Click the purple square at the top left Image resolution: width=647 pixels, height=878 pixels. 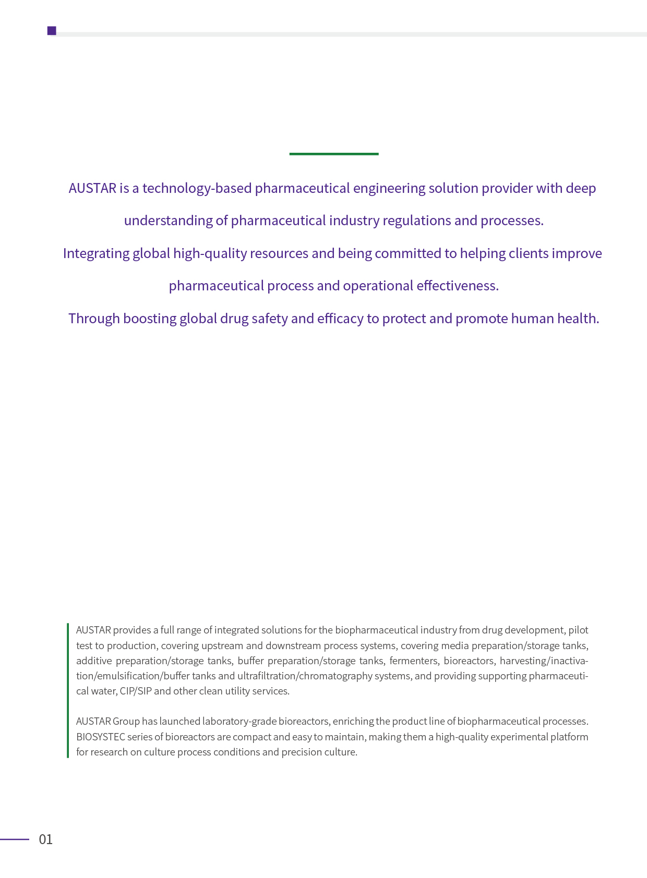[x=52, y=31]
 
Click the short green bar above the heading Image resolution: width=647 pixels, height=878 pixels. [x=334, y=154]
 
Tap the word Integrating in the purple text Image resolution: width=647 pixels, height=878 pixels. [x=96, y=253]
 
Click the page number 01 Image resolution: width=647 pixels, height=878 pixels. [x=46, y=839]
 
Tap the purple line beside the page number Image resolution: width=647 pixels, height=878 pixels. [x=15, y=839]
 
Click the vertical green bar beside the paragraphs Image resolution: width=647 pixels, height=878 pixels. [x=68, y=690]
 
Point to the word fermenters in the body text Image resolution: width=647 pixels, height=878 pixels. [x=414, y=661]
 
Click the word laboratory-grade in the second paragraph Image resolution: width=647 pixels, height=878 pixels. [x=239, y=722]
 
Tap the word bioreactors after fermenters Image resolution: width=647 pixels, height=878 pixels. [x=469, y=661]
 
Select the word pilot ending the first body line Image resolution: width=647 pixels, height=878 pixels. [x=578, y=630]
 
